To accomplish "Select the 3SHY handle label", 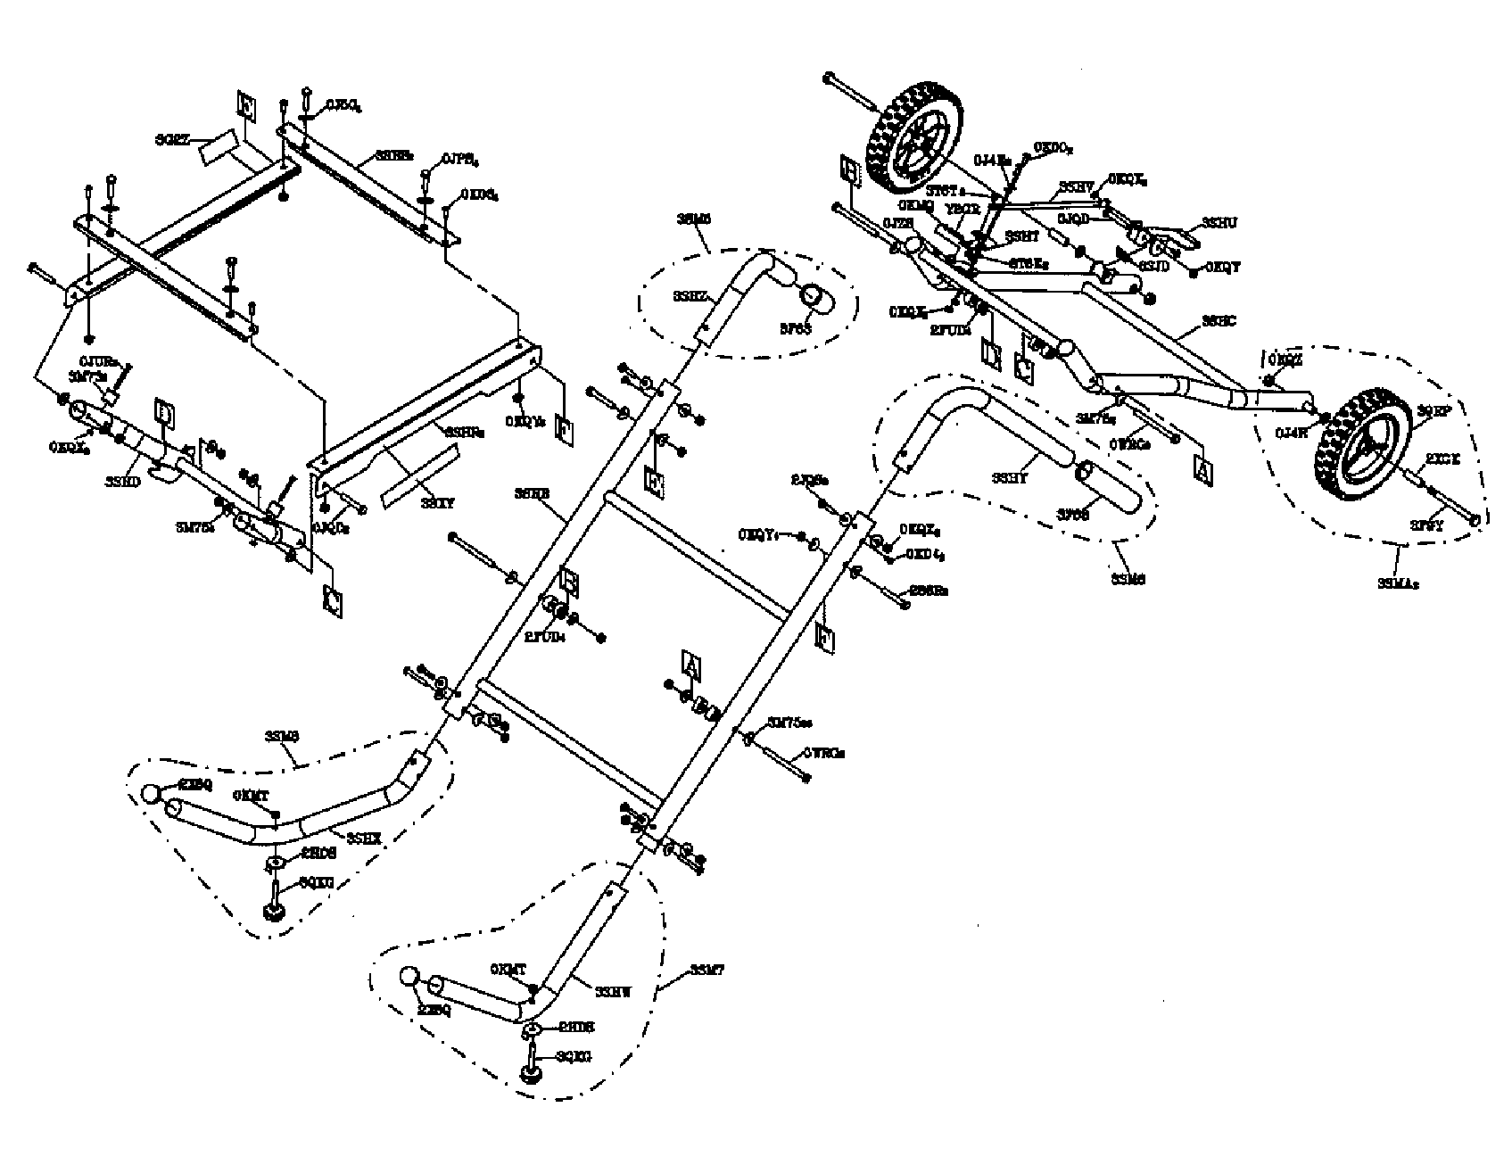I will (1010, 478).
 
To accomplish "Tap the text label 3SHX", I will (364, 837).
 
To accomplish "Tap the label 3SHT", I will (1021, 236).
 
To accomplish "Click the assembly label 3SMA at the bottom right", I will (1398, 584).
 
